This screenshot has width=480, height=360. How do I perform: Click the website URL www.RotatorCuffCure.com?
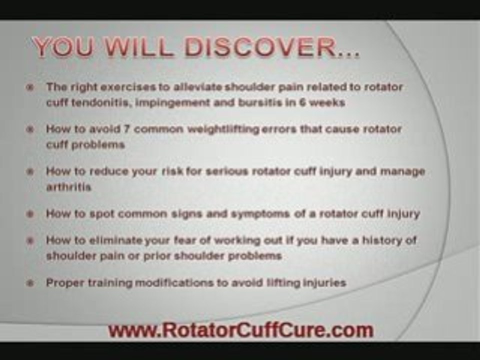click(x=241, y=330)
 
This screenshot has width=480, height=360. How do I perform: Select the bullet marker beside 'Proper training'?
click(x=30, y=283)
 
